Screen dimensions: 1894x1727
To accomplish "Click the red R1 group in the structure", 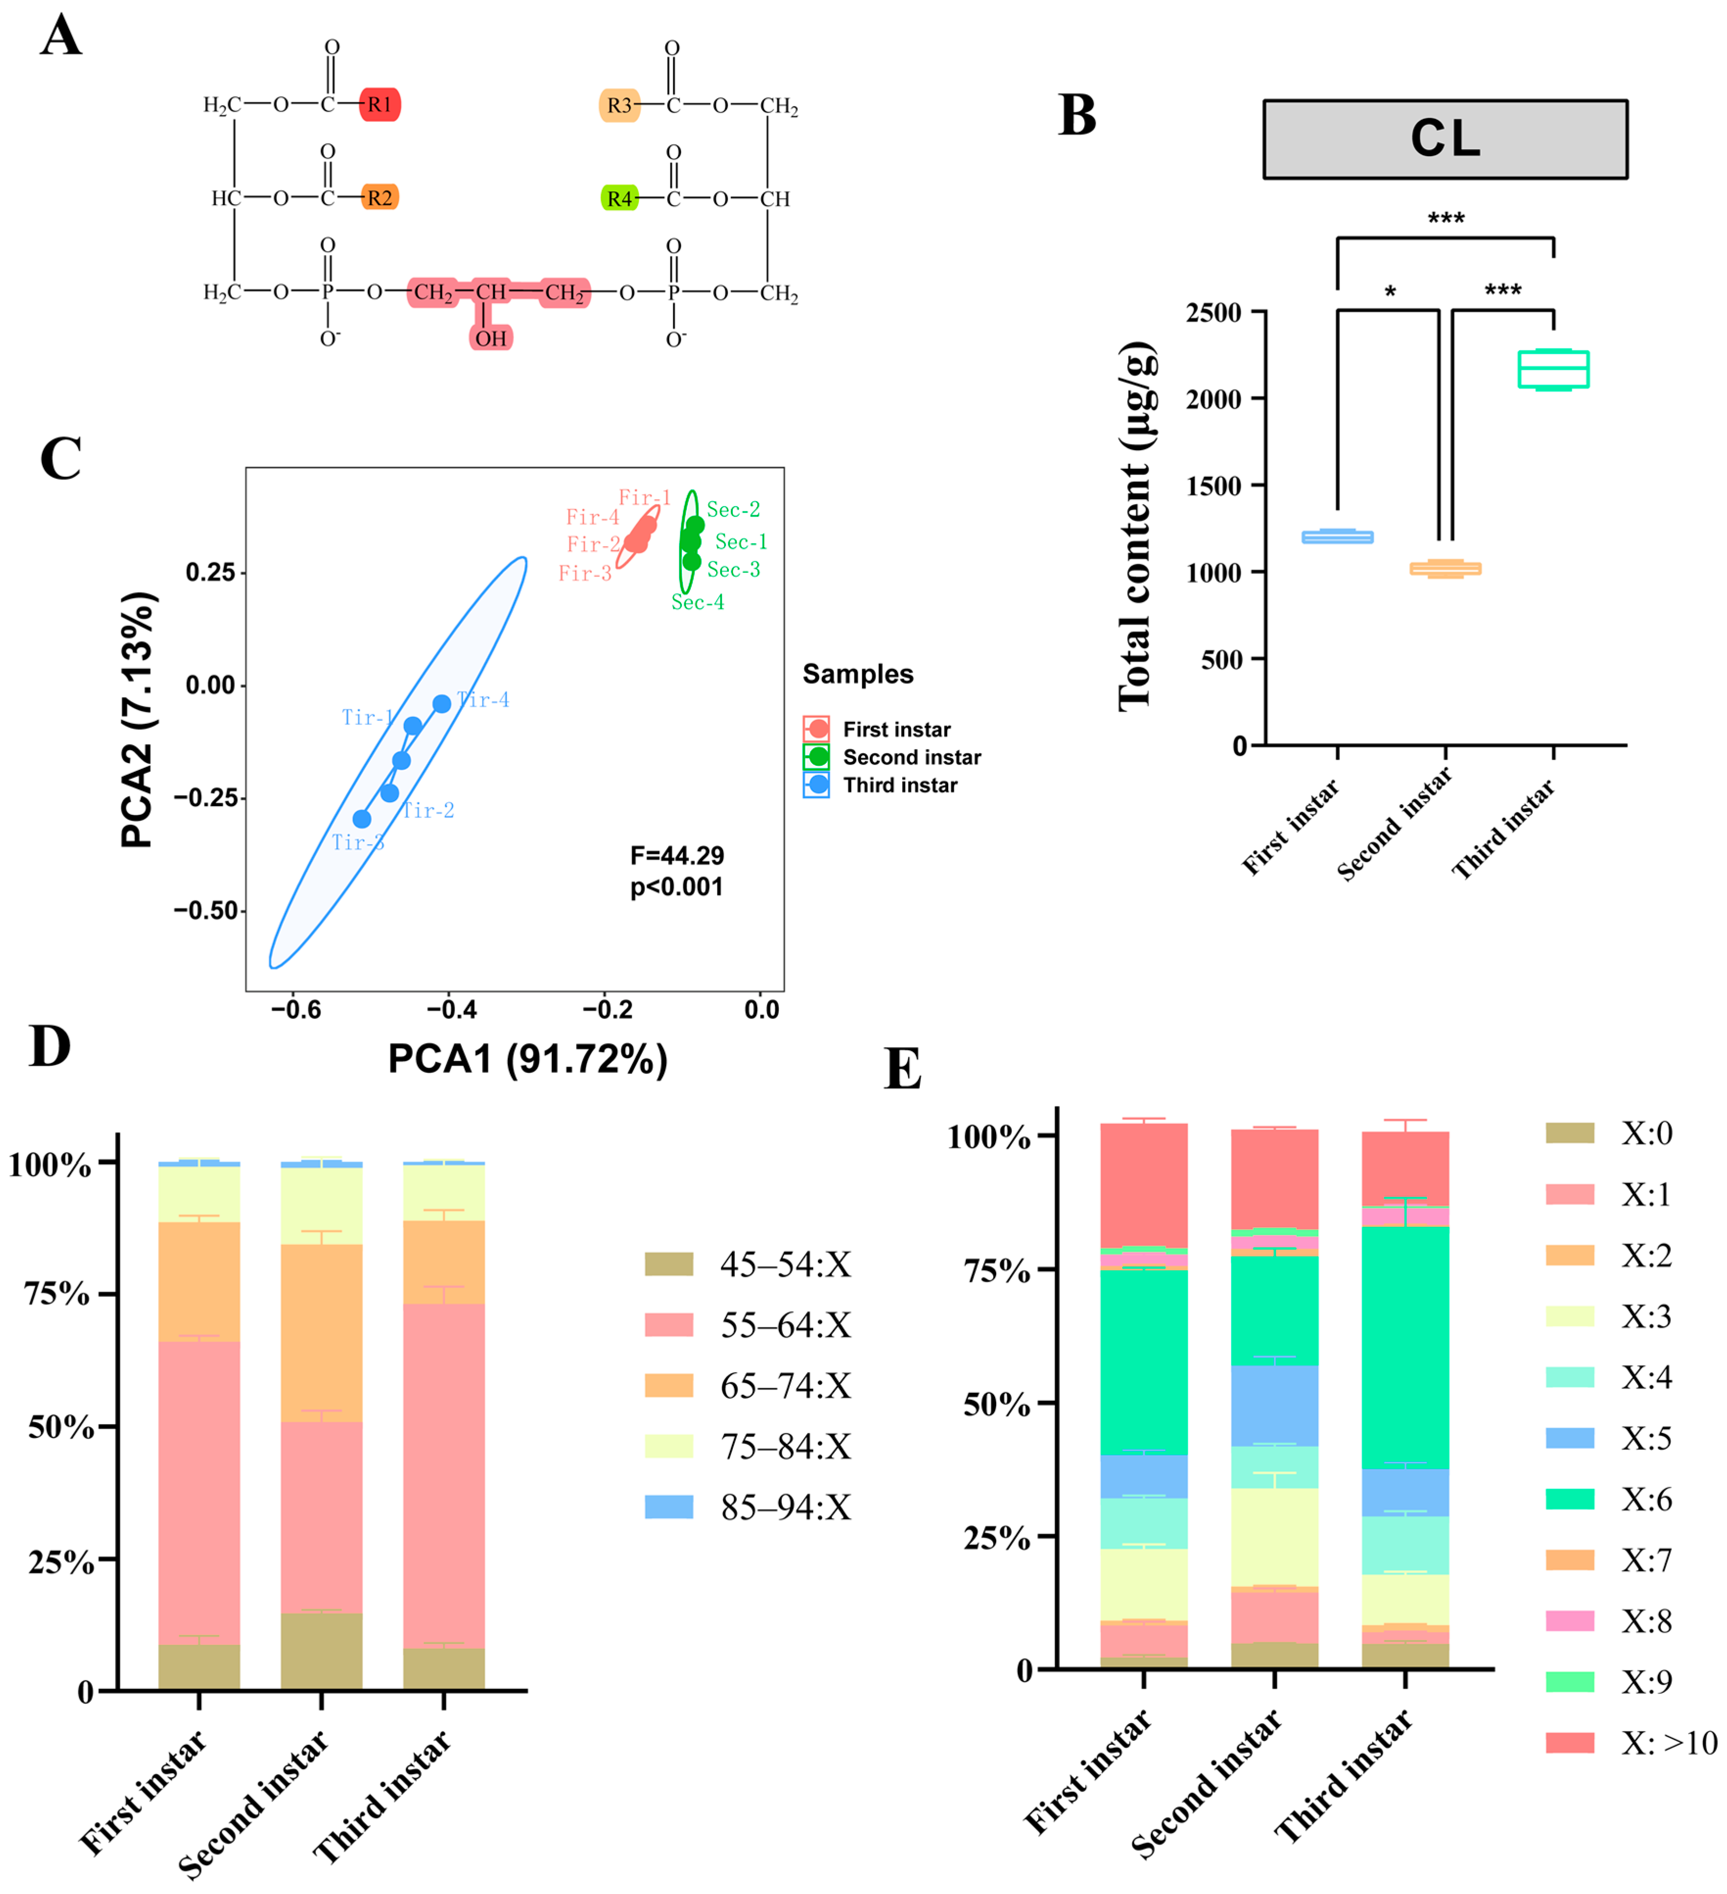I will pyautogui.click(x=379, y=104).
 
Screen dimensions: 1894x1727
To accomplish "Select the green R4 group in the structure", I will pyautogui.click(x=619, y=198).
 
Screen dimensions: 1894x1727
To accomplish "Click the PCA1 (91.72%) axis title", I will pyautogui.click(x=528, y=1059).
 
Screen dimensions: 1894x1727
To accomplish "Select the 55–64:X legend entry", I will pyautogui.click(x=748, y=1325).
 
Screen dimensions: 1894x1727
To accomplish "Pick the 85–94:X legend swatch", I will pyautogui.click(x=669, y=1507).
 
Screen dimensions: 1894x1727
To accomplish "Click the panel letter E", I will pyautogui.click(x=903, y=1069).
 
